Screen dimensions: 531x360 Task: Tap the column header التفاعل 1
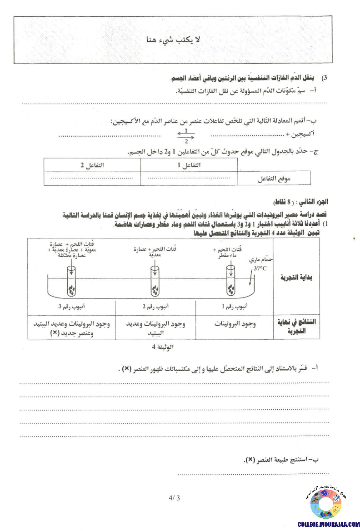(189, 165)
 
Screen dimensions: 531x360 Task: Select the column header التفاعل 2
(92, 165)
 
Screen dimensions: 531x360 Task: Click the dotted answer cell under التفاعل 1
(189, 178)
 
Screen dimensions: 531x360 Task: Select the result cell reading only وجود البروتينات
(235, 324)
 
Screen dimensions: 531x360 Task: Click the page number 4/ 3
(175, 498)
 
